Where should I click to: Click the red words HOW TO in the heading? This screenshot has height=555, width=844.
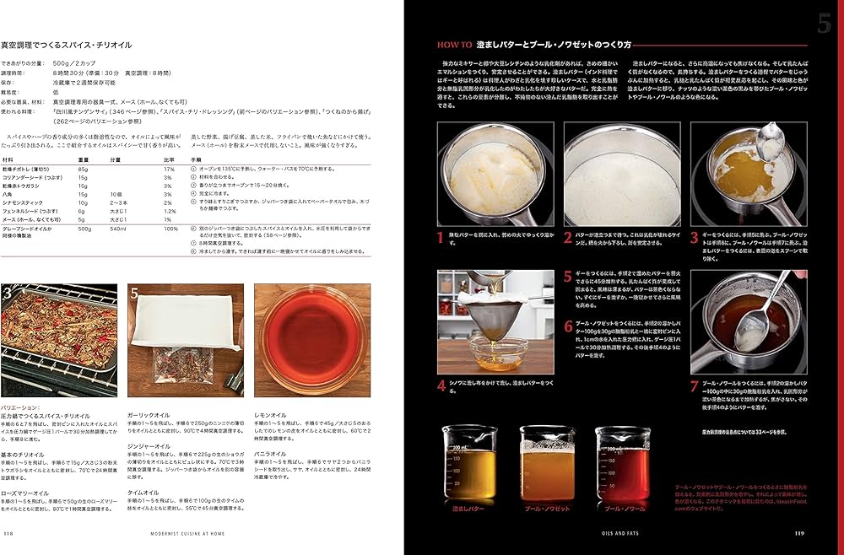click(x=454, y=44)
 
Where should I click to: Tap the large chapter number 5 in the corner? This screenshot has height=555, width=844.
click(x=824, y=24)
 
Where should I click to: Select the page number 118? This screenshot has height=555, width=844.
click(x=8, y=532)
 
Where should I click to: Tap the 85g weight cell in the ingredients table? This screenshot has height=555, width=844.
click(x=84, y=170)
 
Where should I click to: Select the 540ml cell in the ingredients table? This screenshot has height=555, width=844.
click(x=117, y=228)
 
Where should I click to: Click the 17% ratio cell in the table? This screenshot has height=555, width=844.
click(x=169, y=170)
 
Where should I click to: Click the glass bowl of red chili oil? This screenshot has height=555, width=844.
click(x=311, y=340)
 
